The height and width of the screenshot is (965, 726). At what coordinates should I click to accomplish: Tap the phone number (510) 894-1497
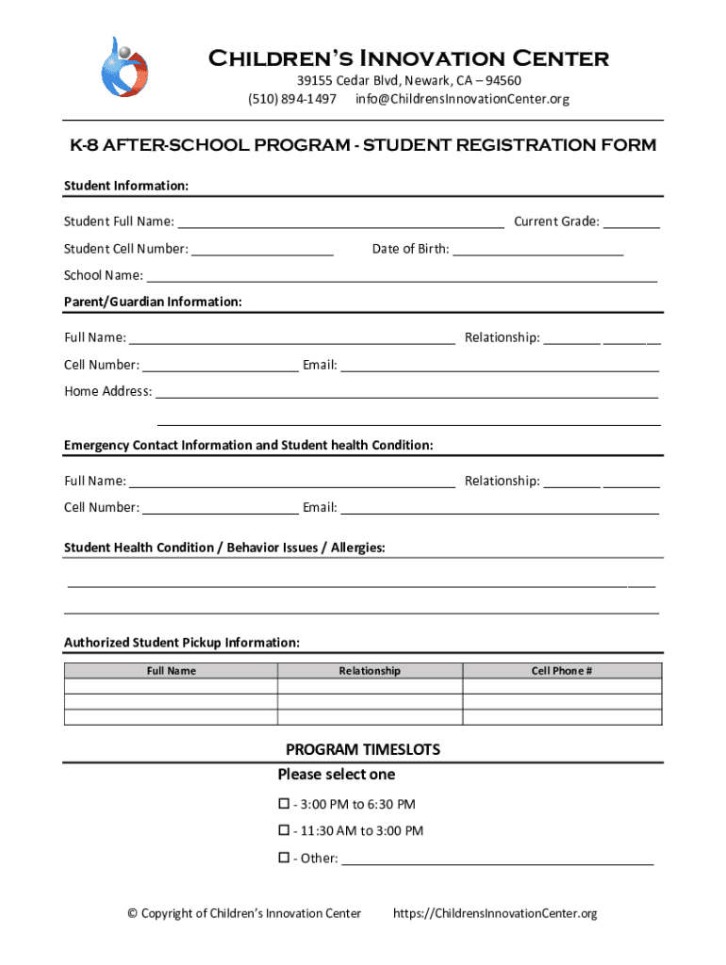click(x=291, y=99)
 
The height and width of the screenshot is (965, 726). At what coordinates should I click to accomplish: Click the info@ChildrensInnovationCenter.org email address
click(x=462, y=99)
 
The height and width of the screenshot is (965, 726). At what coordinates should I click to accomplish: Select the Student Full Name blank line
click(x=340, y=223)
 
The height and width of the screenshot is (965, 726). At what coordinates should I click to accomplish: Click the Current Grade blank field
click(x=631, y=223)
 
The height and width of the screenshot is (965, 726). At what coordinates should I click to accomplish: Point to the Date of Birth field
click(x=538, y=251)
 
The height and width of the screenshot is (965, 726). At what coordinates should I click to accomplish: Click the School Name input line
click(x=402, y=277)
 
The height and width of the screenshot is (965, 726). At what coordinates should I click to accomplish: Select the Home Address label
click(x=107, y=391)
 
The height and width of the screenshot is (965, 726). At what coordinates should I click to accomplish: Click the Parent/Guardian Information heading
click(x=153, y=302)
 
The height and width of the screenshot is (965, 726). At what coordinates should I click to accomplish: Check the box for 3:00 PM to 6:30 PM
click(x=283, y=804)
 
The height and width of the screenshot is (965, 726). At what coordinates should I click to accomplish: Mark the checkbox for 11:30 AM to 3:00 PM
click(x=283, y=830)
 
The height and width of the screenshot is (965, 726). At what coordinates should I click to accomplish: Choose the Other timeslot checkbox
click(x=283, y=858)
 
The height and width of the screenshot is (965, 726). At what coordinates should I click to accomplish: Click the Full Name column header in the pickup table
click(x=171, y=671)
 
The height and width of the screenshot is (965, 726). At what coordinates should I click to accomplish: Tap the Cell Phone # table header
click(x=562, y=671)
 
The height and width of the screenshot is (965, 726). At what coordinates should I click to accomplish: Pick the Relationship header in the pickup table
click(x=370, y=671)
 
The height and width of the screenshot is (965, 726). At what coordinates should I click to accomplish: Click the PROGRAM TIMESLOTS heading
click(x=363, y=750)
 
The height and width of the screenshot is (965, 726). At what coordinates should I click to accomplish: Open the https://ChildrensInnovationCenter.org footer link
click(x=495, y=913)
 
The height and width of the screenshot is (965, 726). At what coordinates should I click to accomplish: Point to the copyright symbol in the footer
click(x=132, y=913)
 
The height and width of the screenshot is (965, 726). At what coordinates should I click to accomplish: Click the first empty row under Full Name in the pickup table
click(x=171, y=687)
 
